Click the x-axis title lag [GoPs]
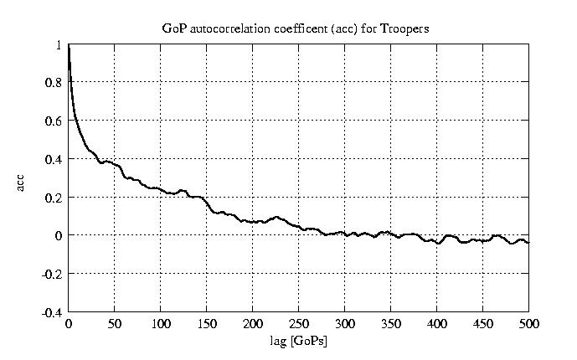[297, 342]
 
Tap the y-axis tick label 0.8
[53, 83]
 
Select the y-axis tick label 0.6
[53, 121]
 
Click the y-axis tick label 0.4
[53, 159]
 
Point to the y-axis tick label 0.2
[53, 198]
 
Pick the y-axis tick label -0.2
[51, 274]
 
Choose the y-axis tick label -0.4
[51, 312]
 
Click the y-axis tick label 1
[58, 45]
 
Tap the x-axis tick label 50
[114, 324]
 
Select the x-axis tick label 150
[206, 324]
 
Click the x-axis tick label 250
[298, 324]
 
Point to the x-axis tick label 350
[390, 324]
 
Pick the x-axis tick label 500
[528, 324]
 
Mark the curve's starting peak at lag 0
[69, 47]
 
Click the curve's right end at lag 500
[528, 242]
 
